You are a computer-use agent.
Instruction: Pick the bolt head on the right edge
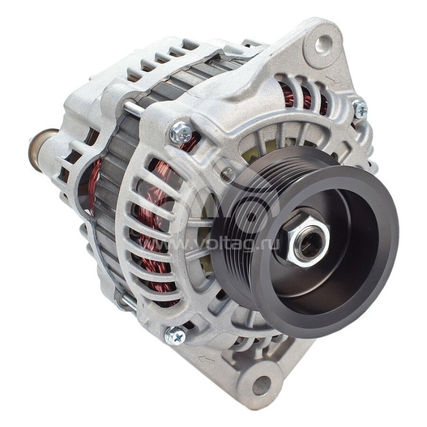click(x=359, y=108)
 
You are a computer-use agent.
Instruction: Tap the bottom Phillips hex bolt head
click(x=176, y=336)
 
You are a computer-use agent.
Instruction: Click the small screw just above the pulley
click(x=228, y=173)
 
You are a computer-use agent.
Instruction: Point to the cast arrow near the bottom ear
click(x=207, y=360)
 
